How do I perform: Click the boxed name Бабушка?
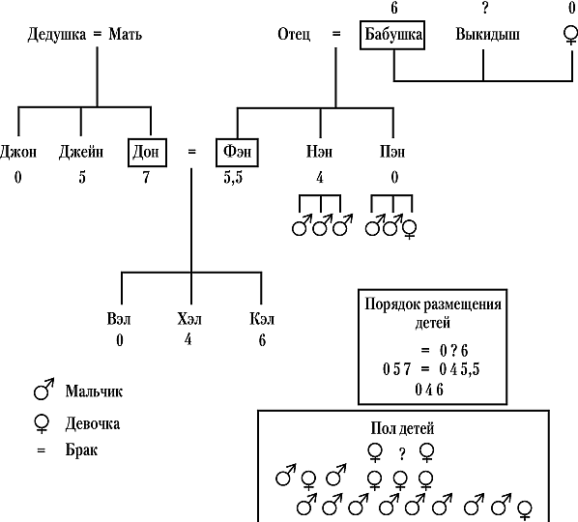[392, 35]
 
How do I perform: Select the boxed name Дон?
[147, 153]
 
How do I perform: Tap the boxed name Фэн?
[237, 153]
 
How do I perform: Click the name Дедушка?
[57, 34]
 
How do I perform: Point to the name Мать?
[126, 34]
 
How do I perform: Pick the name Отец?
[294, 34]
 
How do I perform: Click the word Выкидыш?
[488, 34]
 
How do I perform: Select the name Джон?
[18, 152]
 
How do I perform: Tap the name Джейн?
[81, 152]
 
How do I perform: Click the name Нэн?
[319, 152]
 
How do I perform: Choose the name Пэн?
[392, 152]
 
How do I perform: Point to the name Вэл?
[119, 319]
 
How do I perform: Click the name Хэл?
[189, 319]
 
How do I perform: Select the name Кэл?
[262, 319]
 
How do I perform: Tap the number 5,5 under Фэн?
[233, 178]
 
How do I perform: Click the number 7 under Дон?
[146, 177]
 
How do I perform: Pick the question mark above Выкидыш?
[485, 8]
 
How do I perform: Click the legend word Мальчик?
[94, 391]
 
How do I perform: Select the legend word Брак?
[81, 450]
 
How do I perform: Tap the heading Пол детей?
[402, 429]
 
